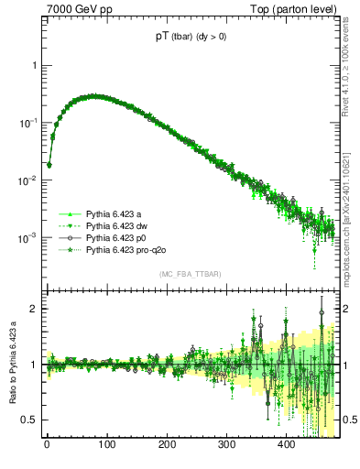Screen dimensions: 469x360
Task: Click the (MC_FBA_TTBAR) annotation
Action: [191, 275]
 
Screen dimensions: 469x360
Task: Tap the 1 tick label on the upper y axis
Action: [34, 66]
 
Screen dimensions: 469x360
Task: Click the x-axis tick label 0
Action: [47, 445]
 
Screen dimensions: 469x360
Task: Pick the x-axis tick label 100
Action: [107, 445]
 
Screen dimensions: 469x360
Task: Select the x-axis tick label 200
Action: [167, 445]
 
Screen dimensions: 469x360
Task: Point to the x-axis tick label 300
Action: [226, 445]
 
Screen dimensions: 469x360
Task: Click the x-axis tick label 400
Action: [286, 445]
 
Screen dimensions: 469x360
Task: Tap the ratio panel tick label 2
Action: [34, 309]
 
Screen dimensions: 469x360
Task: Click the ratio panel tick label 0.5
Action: [29, 420]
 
